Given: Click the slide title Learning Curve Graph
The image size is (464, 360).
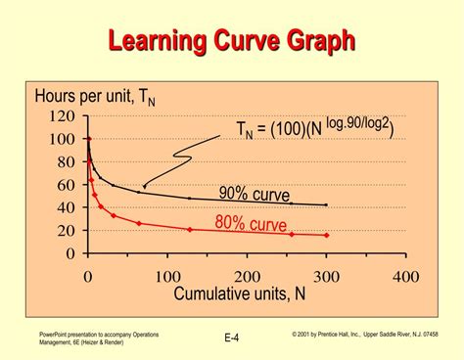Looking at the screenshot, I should [231, 41].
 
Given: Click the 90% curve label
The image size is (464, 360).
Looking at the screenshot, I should [255, 194].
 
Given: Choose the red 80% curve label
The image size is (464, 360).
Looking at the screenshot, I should [252, 225].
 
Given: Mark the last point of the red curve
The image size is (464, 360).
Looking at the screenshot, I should [326, 236].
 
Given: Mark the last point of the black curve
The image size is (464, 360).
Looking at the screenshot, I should [326, 204].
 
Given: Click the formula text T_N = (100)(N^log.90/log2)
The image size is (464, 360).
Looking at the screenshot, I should [314, 128].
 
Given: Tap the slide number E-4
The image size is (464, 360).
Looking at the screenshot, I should [232, 338].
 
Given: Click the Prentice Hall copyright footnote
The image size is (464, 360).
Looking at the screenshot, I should [364, 335].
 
